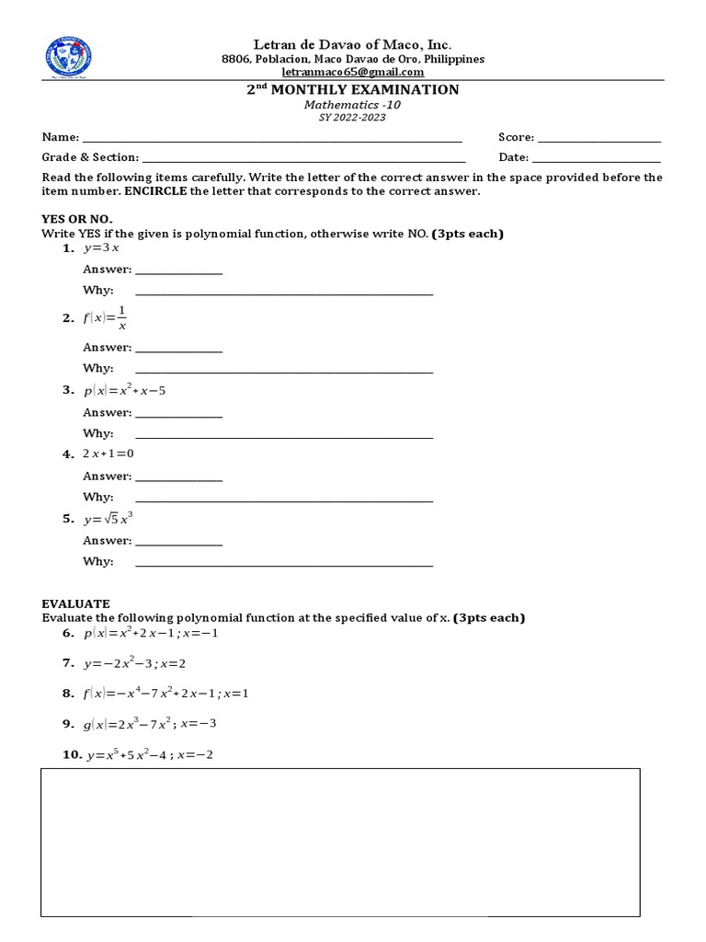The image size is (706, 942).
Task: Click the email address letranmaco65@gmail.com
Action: coord(353,72)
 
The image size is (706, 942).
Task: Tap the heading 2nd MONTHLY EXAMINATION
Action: coord(353,89)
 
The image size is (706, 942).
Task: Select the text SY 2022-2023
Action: coord(353,119)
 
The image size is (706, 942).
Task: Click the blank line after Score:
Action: coord(598,140)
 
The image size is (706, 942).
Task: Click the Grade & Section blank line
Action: coord(303,161)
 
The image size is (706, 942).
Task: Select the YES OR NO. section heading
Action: coord(76,219)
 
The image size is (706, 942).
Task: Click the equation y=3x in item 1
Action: coord(102,249)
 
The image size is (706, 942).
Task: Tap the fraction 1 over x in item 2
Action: coord(121,318)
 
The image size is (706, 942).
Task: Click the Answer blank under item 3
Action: coord(178,417)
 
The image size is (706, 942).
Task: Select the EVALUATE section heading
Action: coord(75,603)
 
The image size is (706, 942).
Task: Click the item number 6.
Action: coord(68,633)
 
